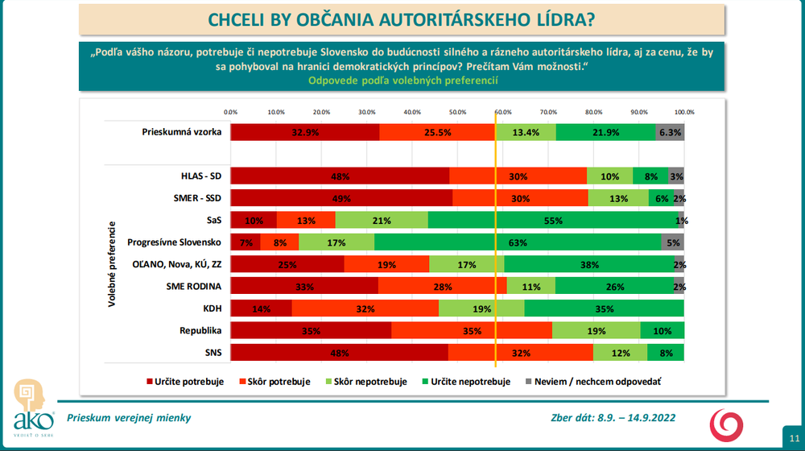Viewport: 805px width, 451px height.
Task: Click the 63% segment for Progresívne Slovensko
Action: click(x=518, y=242)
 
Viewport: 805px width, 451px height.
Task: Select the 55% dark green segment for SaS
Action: click(x=556, y=220)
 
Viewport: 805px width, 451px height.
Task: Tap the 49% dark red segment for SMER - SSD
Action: click(x=341, y=198)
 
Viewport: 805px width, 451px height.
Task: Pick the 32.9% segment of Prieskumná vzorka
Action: click(x=305, y=132)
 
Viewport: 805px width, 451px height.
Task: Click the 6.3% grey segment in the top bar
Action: click(x=670, y=132)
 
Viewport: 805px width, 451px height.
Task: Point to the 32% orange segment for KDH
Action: click(x=365, y=308)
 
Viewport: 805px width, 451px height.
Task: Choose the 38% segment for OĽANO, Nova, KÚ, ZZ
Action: click(x=589, y=264)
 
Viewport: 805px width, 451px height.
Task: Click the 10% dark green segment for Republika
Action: click(x=662, y=330)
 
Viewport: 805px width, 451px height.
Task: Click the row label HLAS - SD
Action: click(x=201, y=176)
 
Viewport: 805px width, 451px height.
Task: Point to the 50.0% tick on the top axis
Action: click(x=457, y=112)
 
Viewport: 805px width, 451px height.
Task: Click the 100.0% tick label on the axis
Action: click(x=683, y=112)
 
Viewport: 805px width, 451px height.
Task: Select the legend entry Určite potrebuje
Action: click(x=186, y=382)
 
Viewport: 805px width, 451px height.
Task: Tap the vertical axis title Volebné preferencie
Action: click(x=114, y=264)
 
